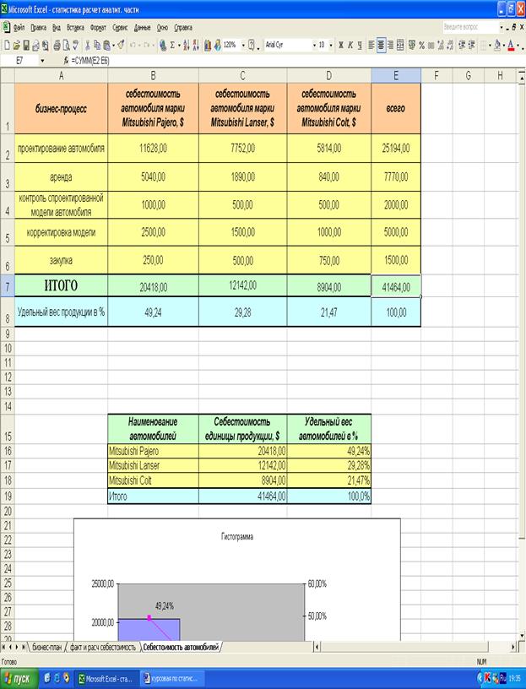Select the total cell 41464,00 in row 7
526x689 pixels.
[x=395, y=286]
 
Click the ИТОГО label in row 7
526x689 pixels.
[x=61, y=285]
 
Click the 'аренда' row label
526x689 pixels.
[x=61, y=177]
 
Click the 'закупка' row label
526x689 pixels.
[x=61, y=262]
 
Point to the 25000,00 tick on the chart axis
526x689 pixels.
[x=97, y=583]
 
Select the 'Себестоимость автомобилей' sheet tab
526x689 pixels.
[x=180, y=647]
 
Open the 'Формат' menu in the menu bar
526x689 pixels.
[x=98, y=28]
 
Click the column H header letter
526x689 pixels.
[x=500, y=75]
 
